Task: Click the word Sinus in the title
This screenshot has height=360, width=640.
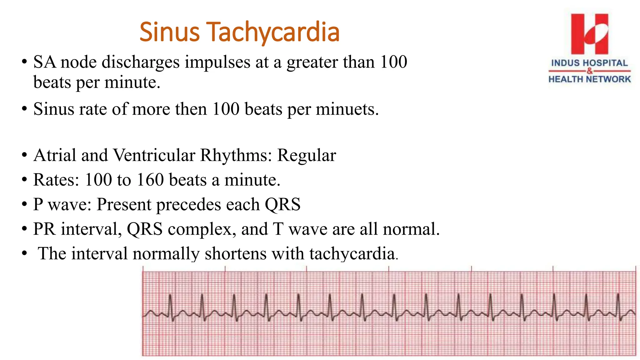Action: tap(169, 32)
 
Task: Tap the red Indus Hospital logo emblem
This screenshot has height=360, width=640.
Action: tap(589, 34)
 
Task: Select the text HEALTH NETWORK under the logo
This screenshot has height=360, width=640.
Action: tap(589, 79)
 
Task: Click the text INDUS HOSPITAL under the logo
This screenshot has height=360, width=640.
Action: tap(589, 63)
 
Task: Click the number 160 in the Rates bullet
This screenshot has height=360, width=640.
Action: tap(150, 180)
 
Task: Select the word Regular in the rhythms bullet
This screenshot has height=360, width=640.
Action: tap(306, 155)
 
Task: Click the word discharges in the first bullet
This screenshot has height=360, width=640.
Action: tap(141, 62)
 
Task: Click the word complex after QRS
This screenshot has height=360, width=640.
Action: tap(200, 229)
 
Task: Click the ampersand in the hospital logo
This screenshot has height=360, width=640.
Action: tap(589, 71)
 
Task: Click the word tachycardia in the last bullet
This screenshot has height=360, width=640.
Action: tap(352, 253)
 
